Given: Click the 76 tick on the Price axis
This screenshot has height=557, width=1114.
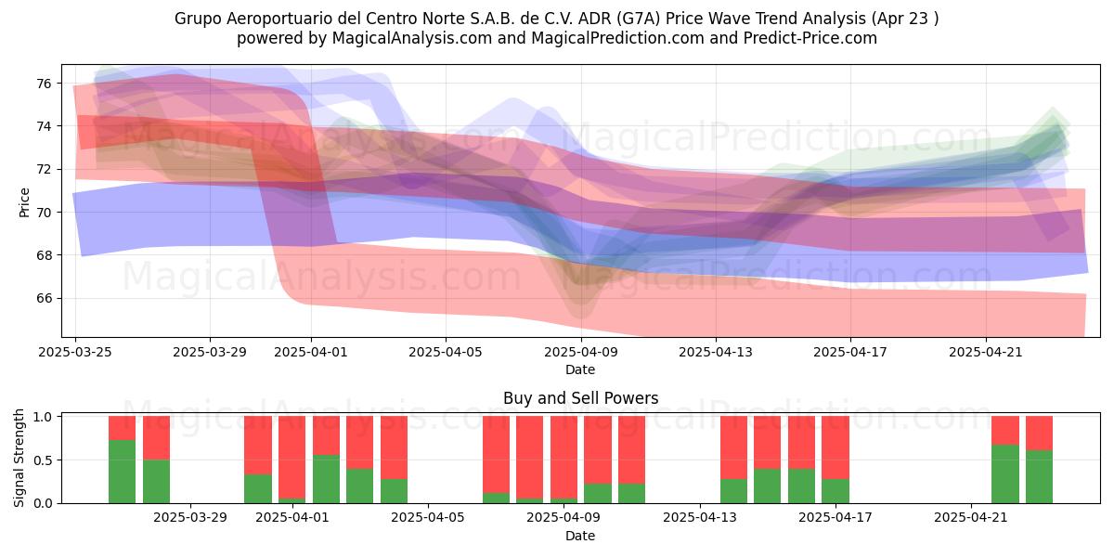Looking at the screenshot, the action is click(45, 83).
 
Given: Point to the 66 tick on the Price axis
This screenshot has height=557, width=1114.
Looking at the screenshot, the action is click(45, 298).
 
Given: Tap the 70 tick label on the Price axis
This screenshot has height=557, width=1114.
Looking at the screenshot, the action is click(45, 213).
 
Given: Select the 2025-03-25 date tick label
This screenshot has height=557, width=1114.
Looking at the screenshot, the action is click(75, 352).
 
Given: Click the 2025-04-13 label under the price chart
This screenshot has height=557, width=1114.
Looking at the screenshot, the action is click(716, 352).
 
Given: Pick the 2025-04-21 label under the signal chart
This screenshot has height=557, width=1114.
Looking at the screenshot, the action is click(971, 518).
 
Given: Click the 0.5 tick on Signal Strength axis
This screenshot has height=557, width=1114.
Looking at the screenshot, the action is click(43, 460).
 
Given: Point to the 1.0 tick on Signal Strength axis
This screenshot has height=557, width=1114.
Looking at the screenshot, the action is click(43, 417).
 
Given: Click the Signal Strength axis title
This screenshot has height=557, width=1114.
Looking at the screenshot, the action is click(19, 458).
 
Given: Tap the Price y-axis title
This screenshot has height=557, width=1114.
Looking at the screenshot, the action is click(24, 203).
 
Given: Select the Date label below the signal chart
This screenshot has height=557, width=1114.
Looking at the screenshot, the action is click(580, 536).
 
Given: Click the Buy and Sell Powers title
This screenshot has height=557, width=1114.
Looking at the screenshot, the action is click(580, 398).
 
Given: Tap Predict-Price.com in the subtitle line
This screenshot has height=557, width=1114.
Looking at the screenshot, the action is click(810, 38).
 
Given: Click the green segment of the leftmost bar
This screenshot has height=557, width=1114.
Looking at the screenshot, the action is click(122, 472).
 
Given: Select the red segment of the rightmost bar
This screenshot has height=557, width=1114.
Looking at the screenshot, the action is click(1039, 434).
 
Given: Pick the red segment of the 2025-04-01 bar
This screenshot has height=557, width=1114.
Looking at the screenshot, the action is click(291, 457).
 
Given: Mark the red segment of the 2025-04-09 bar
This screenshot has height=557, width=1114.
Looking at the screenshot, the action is click(564, 457).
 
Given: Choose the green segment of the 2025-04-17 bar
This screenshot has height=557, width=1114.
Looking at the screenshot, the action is click(835, 491).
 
